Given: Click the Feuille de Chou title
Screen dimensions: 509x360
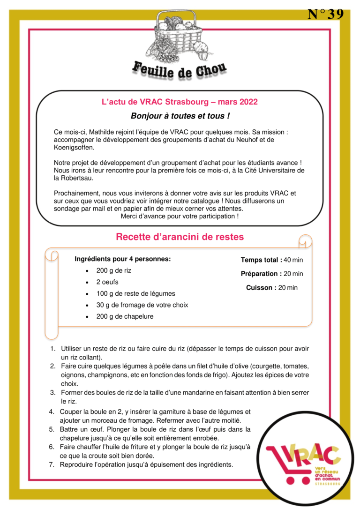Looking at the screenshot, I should [180, 70].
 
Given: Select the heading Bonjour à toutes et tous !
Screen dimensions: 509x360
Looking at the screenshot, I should [180, 115].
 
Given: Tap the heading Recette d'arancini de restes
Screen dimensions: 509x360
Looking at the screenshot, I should [180, 237].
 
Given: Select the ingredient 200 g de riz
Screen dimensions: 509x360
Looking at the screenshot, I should [114, 270].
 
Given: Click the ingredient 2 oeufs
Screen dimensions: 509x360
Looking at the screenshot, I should [107, 282].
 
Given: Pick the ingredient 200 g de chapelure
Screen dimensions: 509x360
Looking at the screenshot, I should [125, 316].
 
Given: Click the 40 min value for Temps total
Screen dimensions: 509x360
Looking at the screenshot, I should [293, 260].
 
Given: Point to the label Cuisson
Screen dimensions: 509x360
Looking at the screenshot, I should [261, 288].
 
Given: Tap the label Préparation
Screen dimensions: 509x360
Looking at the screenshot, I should [261, 274].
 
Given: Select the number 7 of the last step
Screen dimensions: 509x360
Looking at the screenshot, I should [52, 464].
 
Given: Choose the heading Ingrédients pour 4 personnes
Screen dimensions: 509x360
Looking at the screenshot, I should [123, 259].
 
